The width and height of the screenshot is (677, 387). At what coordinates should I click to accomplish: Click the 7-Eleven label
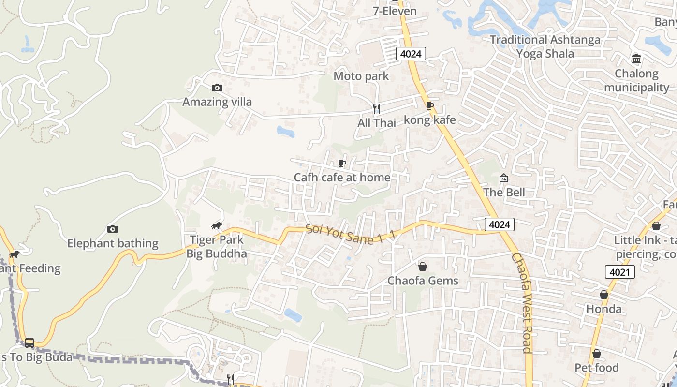click(x=395, y=11)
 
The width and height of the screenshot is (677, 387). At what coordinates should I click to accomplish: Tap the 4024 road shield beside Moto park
click(x=411, y=54)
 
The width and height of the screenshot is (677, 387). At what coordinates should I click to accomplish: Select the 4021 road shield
click(x=619, y=272)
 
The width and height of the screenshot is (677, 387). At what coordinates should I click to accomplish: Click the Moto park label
click(x=361, y=76)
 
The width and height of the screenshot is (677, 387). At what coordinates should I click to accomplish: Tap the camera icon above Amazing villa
click(x=217, y=88)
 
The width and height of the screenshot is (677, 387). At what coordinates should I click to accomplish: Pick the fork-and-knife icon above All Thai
click(x=377, y=109)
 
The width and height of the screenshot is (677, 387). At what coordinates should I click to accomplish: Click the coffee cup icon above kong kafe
click(x=429, y=106)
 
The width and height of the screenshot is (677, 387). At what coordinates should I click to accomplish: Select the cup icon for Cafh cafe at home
click(x=342, y=163)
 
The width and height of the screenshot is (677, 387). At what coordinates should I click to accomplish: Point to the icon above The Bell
click(x=504, y=178)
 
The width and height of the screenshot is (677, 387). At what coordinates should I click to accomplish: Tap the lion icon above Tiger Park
click(x=217, y=225)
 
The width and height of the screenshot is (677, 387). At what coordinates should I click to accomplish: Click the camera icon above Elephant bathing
click(x=113, y=229)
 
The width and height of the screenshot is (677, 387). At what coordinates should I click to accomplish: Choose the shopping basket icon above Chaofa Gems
click(x=423, y=267)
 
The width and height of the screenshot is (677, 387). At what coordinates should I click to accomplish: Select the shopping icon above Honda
click(x=604, y=295)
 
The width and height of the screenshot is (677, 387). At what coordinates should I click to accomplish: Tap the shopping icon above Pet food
click(x=597, y=354)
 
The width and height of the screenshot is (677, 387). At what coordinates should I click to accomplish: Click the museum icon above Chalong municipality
click(x=636, y=59)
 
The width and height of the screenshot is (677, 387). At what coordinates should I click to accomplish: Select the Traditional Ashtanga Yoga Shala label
click(x=545, y=46)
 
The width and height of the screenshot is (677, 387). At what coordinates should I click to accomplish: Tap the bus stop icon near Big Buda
click(x=29, y=342)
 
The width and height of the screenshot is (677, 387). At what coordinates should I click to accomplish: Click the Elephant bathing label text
click(x=113, y=243)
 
